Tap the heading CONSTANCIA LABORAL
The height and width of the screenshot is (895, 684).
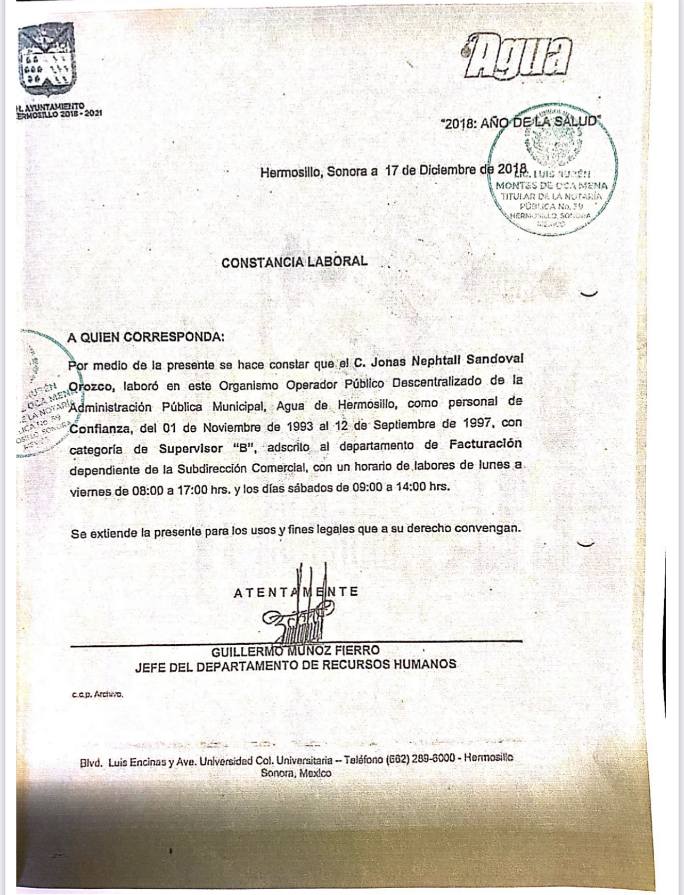tap(294, 262)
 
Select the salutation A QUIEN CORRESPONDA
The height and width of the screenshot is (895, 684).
tap(145, 337)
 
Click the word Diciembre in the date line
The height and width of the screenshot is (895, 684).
tap(448, 170)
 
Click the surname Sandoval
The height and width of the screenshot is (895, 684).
tap(494, 359)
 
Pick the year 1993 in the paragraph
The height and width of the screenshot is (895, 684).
tap(300, 426)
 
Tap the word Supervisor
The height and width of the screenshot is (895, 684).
tap(191, 448)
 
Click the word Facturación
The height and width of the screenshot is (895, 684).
tap(485, 444)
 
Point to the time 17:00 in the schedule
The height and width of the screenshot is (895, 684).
tap(192, 489)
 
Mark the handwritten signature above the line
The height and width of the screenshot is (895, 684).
tap(298, 612)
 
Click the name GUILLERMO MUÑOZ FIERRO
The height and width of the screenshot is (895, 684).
tap(295, 651)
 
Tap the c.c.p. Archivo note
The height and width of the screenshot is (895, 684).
tap(97, 694)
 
